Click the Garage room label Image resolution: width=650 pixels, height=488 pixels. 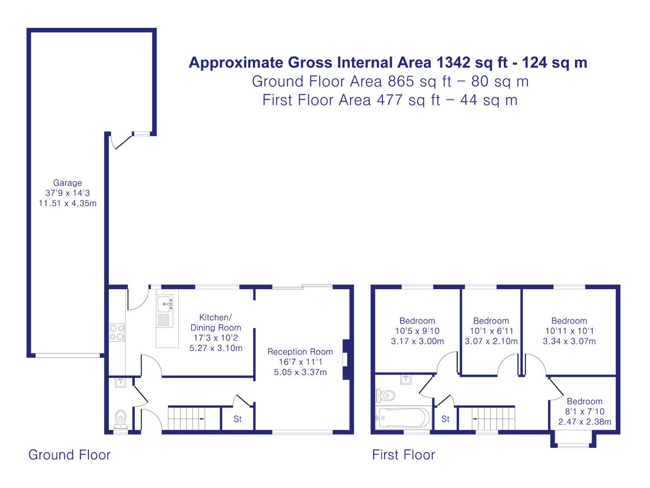point(68,183)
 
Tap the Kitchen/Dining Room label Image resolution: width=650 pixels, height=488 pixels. point(216,323)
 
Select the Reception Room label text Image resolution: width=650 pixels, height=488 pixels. point(300,352)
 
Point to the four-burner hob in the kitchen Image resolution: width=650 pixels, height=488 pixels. point(117,332)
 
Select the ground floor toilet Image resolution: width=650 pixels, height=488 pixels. point(121,420)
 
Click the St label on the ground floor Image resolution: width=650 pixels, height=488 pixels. point(237,419)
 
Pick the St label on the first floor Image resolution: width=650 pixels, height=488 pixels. point(445,419)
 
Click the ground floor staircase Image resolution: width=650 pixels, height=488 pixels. point(186,419)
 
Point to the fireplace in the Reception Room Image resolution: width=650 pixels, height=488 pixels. point(347,359)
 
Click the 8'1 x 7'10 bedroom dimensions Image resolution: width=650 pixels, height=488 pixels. point(584,411)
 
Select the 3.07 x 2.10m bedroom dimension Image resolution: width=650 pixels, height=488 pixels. point(491,341)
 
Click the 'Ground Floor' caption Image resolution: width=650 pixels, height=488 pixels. point(69,455)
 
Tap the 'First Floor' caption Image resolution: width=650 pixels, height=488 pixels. point(404,455)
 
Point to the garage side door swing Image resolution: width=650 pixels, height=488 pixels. point(120,142)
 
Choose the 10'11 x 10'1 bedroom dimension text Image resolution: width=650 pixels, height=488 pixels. point(569,331)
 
